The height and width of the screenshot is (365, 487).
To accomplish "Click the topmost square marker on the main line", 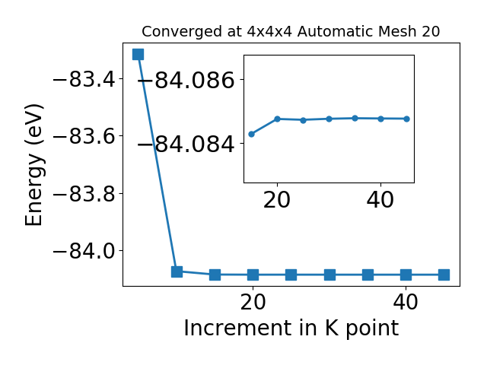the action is pyautogui.click(x=138, y=54).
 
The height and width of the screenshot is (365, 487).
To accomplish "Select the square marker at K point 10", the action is pyautogui.click(x=177, y=271).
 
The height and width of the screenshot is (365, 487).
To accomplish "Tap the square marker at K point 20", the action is pyautogui.click(x=253, y=275).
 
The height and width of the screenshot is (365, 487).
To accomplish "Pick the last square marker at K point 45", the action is pyautogui.click(x=444, y=275).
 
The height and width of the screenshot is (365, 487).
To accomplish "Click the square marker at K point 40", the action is pyautogui.click(x=406, y=275).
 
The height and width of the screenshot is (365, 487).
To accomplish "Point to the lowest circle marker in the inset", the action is pyautogui.click(x=252, y=134).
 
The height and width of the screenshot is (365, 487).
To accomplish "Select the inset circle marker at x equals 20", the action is pyautogui.click(x=277, y=119).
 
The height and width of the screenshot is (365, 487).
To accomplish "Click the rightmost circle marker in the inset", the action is pyautogui.click(x=407, y=119).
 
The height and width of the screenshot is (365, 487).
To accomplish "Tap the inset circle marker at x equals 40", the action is pyautogui.click(x=380, y=119).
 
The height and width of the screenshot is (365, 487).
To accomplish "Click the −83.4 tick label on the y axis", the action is pyautogui.click(x=84, y=80).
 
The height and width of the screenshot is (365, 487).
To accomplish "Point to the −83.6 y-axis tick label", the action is pyautogui.click(x=84, y=137).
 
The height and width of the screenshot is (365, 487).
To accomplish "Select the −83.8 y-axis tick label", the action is pyautogui.click(x=84, y=194).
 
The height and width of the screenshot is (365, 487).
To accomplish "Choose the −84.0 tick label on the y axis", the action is pyautogui.click(x=84, y=251).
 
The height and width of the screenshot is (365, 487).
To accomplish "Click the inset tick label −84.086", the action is pyautogui.click(x=186, y=81).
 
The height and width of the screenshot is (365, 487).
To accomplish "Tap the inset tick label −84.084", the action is pyautogui.click(x=186, y=144).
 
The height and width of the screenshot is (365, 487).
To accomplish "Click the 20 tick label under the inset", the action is pyautogui.click(x=277, y=200).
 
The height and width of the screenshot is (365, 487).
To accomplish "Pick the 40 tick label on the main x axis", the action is pyautogui.click(x=406, y=302).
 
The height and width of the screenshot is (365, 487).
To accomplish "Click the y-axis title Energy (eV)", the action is pyautogui.click(x=33, y=165).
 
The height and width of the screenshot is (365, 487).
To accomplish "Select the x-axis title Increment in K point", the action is pyautogui.click(x=291, y=328).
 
